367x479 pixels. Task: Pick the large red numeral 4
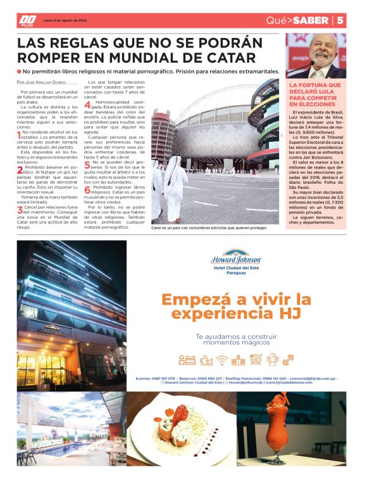click(x=88, y=106)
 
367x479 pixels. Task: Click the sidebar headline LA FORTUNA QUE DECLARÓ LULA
click(x=314, y=94)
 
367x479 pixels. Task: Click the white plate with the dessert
click(x=181, y=435)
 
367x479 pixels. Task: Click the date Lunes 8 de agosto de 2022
click(x=65, y=20)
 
